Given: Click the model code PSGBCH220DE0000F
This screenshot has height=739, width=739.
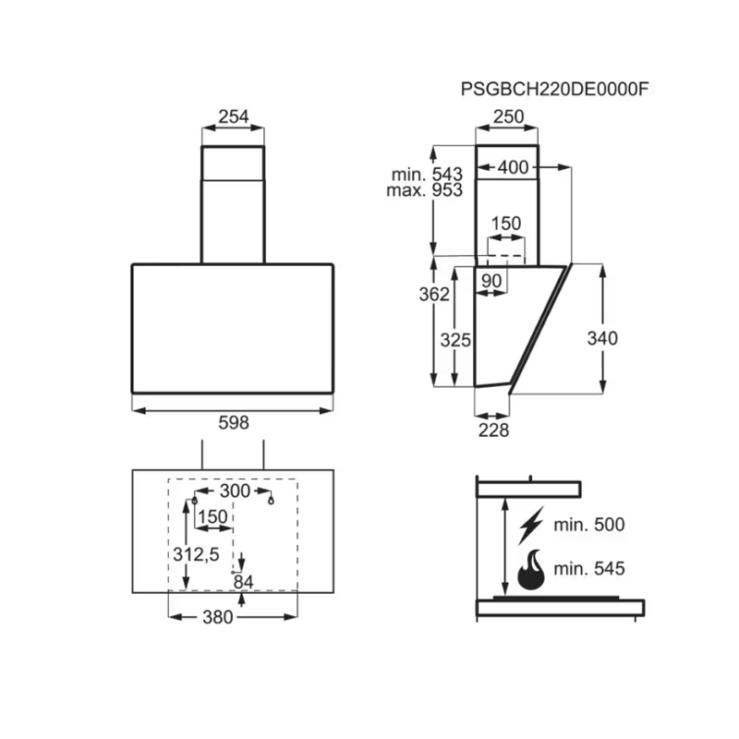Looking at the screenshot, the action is point(555,89).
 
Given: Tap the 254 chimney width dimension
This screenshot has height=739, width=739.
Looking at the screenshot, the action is point(234,116).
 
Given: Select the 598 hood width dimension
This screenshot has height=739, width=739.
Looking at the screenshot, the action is point(234,423).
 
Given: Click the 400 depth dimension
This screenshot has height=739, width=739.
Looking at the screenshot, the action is point(514,167).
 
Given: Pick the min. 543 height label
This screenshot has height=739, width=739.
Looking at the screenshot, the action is point(427,175).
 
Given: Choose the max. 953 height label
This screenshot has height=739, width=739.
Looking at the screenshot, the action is point(425,190).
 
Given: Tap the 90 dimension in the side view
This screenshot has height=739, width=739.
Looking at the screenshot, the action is point(491,281).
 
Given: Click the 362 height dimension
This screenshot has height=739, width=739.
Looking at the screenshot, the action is point(434,294).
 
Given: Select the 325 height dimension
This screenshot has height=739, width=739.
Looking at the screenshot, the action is point(455,340).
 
